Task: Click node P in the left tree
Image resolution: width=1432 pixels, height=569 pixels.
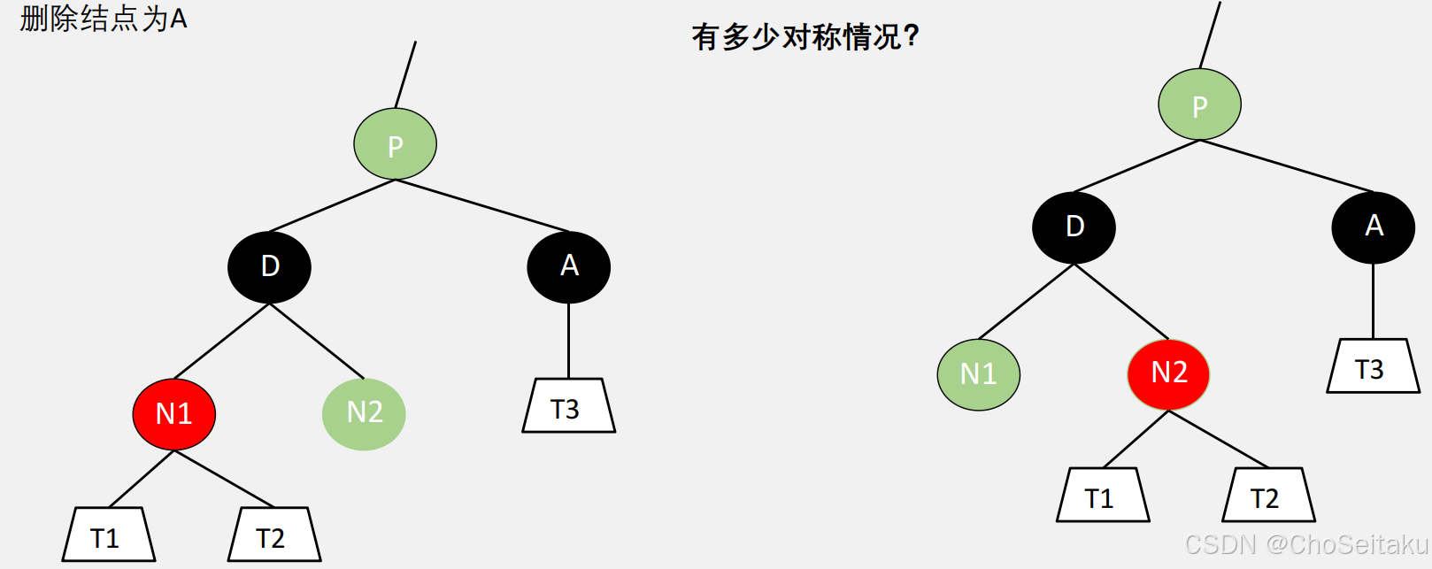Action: (x=395, y=144)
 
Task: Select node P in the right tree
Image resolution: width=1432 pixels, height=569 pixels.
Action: (x=1199, y=104)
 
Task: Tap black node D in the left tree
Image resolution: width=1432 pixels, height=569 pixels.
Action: (x=269, y=266)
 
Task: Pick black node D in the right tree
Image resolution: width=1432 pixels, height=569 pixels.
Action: (x=1074, y=227)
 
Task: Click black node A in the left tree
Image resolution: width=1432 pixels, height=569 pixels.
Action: (x=568, y=266)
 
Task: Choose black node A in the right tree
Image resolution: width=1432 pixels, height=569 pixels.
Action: (x=1373, y=227)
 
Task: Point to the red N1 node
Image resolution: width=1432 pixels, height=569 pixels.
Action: (x=174, y=413)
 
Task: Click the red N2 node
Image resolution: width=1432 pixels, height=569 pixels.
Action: (x=1168, y=373)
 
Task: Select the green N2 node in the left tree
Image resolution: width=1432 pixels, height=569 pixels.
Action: (x=364, y=413)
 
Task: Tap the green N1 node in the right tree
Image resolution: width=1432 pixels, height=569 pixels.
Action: (x=978, y=374)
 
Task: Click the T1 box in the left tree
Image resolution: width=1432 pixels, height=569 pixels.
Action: (x=108, y=534)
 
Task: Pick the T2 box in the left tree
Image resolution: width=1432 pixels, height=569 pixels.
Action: (x=273, y=534)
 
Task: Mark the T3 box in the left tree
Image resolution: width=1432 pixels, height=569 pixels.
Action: (x=568, y=406)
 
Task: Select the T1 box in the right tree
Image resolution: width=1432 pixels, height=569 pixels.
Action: (x=1103, y=495)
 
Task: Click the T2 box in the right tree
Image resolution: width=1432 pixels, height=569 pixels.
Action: (x=1268, y=495)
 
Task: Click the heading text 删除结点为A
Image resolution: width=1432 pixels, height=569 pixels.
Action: (x=104, y=19)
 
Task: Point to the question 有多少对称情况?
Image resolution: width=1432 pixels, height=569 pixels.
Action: (x=805, y=37)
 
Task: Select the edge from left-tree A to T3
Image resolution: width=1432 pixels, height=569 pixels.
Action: (x=568, y=341)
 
